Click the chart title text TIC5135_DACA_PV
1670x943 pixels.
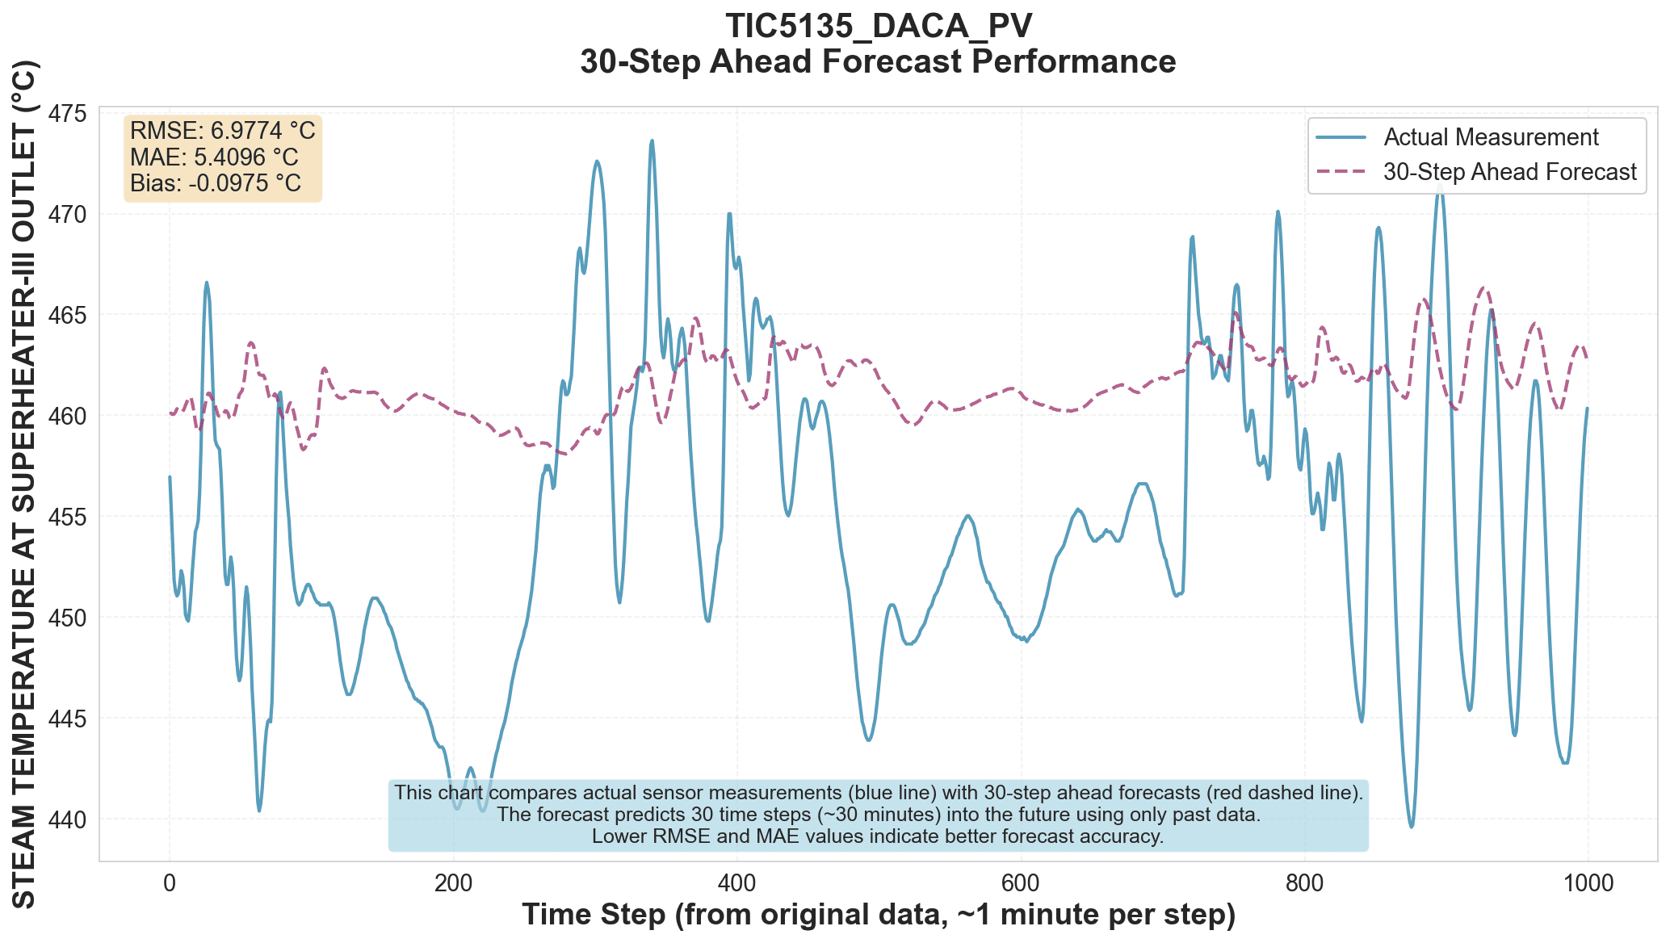878,26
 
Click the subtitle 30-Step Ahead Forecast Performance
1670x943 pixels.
878,62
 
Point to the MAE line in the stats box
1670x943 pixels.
214,157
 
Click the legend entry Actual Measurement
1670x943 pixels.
1491,137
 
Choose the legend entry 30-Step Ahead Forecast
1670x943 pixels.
1509,172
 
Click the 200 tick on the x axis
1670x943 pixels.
453,883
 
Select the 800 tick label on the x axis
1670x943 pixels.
1304,883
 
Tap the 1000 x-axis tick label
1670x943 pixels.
1588,883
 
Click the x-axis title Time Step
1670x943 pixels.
878,916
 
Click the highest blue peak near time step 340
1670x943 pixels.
652,141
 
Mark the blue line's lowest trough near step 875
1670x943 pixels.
1412,826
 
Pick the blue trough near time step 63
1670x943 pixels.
259,810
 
